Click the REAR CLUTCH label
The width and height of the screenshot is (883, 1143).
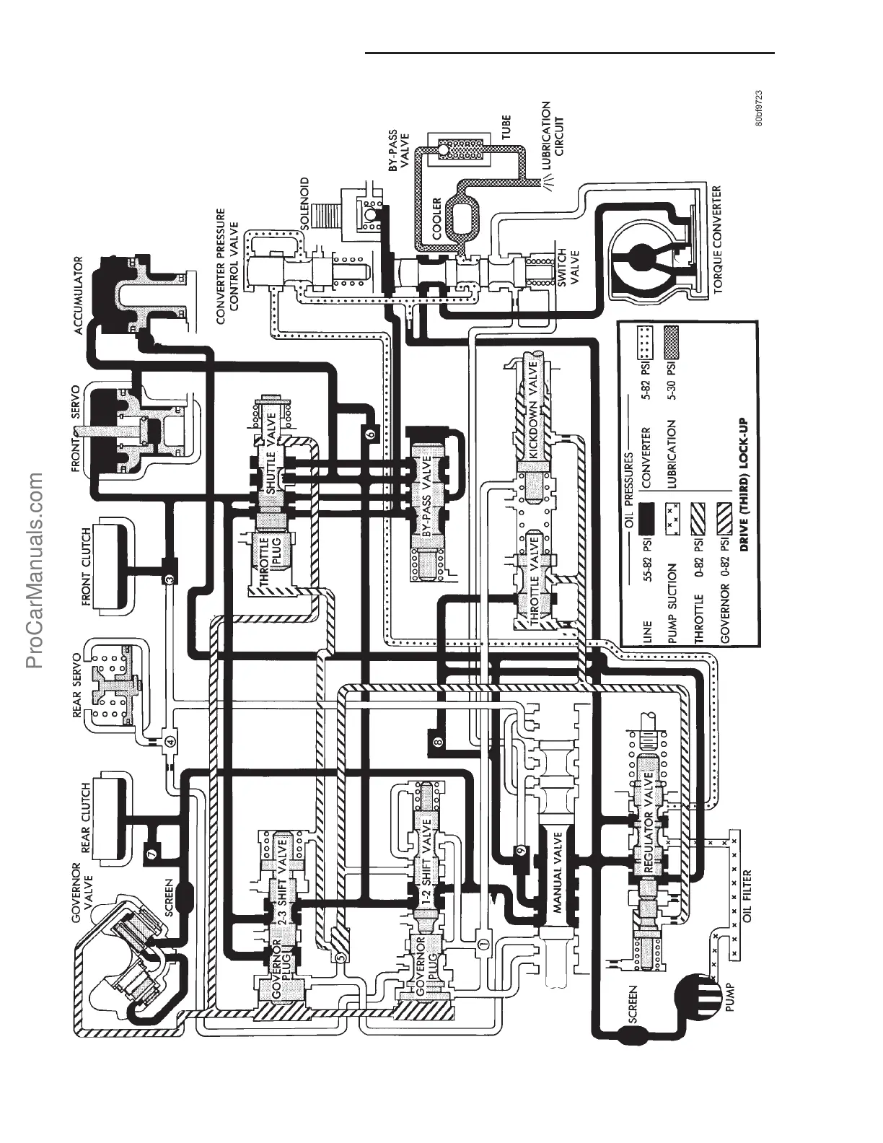click(87, 818)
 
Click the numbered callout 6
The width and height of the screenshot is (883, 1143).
click(370, 434)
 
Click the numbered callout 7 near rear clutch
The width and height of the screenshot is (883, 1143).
click(151, 854)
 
